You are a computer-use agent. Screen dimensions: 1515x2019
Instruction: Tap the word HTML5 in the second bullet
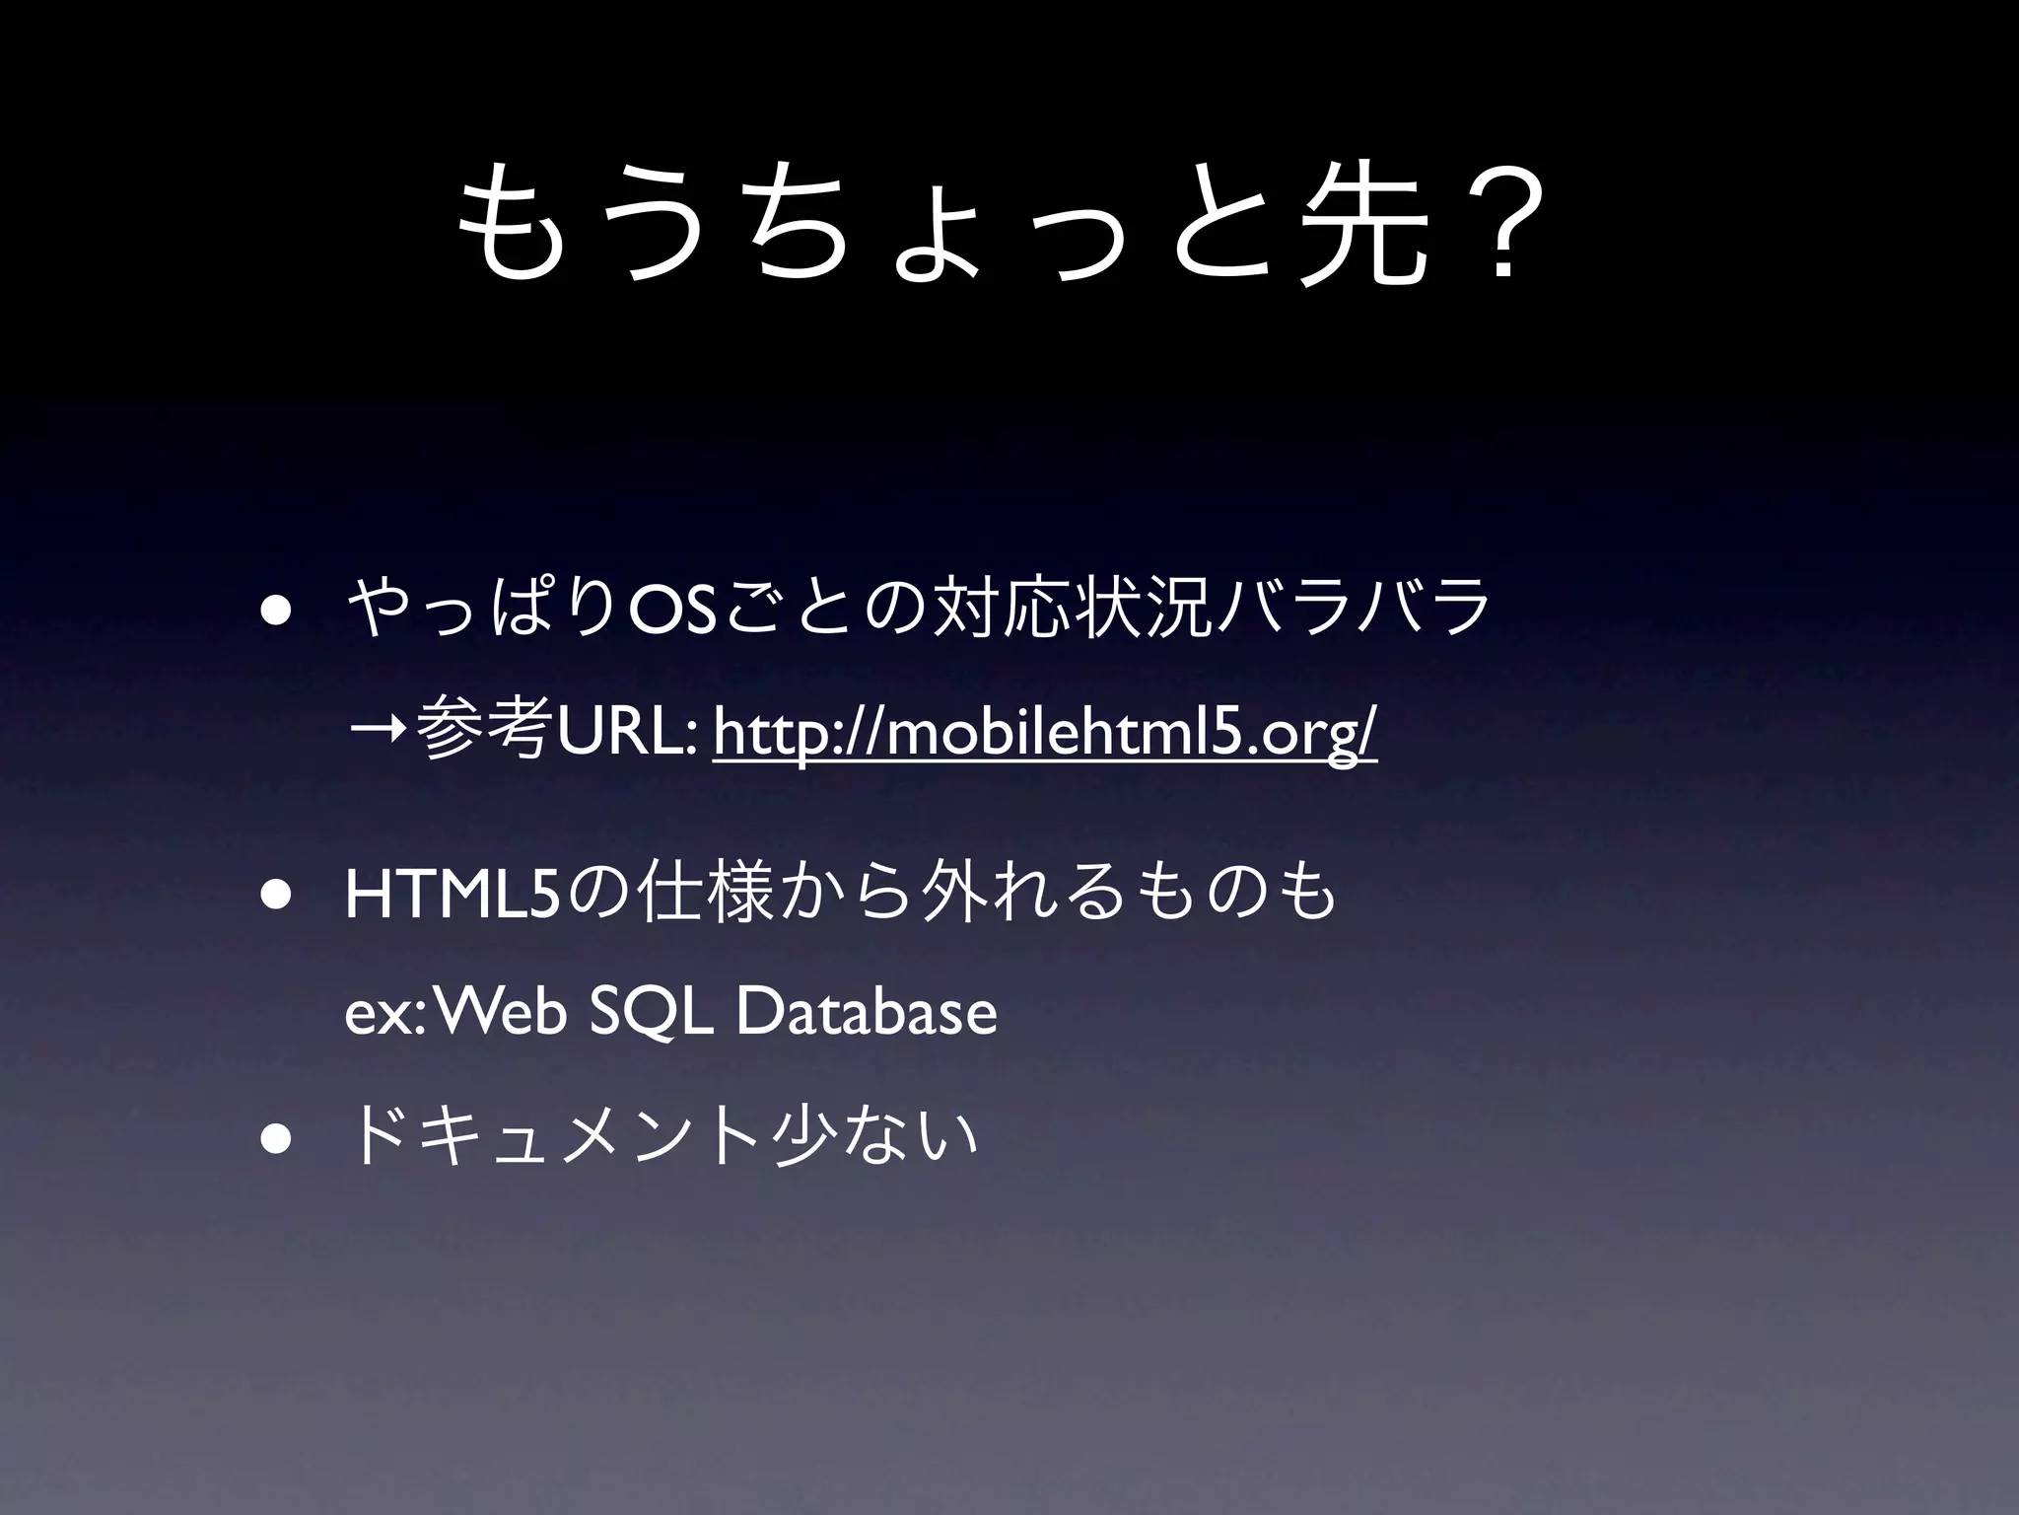tap(453, 894)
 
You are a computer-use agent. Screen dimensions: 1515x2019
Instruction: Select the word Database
tap(867, 1012)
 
